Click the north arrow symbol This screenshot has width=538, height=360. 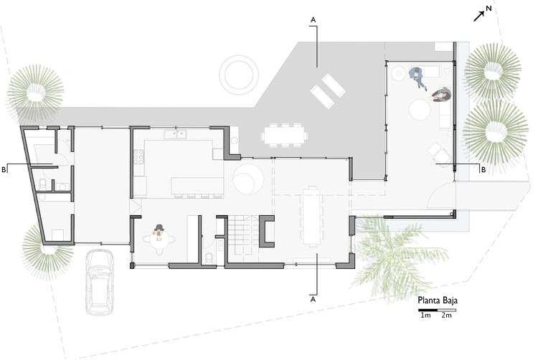point(479,16)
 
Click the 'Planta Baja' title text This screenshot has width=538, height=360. point(438,300)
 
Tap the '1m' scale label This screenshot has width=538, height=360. point(425,316)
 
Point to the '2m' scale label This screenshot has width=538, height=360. point(446,316)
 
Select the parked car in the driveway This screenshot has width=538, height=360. point(100,282)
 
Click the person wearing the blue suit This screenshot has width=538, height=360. point(417,77)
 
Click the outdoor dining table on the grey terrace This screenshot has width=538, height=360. point(284,136)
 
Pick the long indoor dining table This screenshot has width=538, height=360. point(312,216)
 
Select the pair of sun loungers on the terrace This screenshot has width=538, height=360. point(328,91)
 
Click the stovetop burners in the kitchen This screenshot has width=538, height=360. point(138,156)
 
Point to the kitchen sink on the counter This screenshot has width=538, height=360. point(175,134)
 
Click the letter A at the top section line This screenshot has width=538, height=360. point(313,20)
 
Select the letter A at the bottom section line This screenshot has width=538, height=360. point(313,300)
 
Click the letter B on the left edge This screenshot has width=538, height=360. point(4,169)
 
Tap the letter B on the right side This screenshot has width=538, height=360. point(483,169)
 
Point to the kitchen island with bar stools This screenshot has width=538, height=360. point(197,186)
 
